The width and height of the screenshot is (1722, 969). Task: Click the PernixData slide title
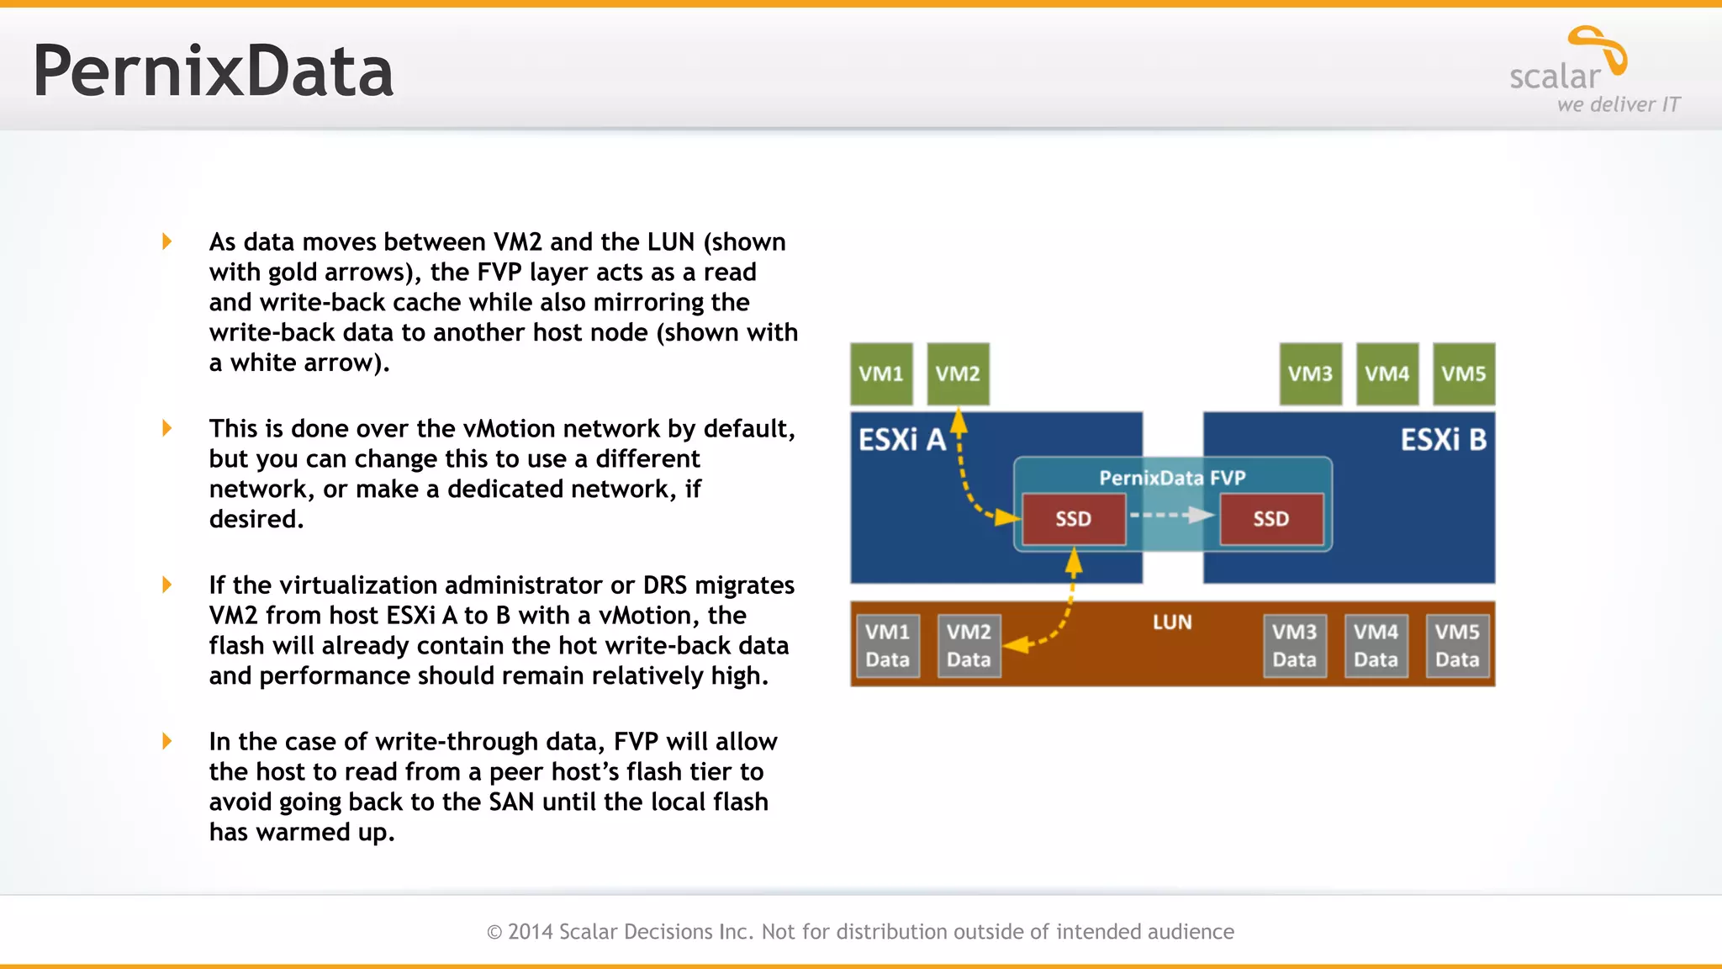213,72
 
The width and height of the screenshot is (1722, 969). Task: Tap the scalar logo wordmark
1556,77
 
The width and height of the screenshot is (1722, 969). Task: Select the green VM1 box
881,373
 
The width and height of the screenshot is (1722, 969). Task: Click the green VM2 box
958,373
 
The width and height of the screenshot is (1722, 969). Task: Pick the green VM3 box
1310,373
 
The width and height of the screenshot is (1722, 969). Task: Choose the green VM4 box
1387,373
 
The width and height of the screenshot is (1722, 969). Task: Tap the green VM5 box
1463,373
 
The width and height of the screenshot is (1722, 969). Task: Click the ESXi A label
901,440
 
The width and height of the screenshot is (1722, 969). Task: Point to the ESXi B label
1443,440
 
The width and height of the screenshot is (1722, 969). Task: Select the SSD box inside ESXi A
1074,519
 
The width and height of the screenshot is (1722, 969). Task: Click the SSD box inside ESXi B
1270,519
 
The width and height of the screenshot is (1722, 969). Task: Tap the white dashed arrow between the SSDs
1172,515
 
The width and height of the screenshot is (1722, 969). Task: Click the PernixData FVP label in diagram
1172,478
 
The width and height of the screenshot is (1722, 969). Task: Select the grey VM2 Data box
969,645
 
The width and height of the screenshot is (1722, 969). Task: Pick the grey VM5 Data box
1457,645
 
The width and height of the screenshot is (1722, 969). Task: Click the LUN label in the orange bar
1172,622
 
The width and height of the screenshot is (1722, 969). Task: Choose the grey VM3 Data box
1294,645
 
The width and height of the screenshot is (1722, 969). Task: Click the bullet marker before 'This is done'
166,428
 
